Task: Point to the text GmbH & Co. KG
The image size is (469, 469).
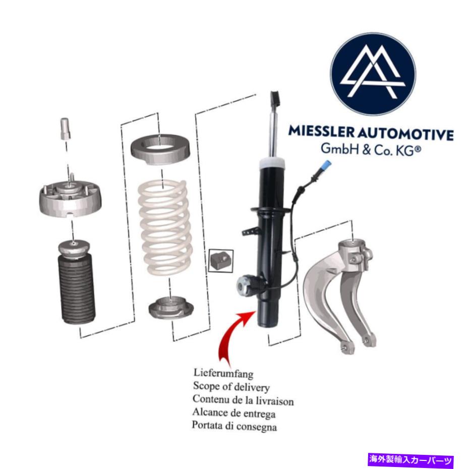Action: pos(371,149)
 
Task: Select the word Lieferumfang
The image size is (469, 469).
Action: pos(223,373)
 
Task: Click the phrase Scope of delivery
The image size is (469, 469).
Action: pos(231,386)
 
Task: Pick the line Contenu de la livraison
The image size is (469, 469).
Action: pos(243,399)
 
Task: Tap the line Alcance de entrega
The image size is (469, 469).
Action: pos(234,413)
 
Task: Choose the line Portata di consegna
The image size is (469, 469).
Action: pos(234,426)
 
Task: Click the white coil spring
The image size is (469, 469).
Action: pos(165,227)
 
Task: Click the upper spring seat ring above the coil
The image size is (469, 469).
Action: pos(160,149)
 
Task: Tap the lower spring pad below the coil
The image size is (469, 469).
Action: pos(171,307)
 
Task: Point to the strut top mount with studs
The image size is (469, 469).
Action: pos(71,199)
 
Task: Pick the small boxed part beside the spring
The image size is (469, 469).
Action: pos(221,261)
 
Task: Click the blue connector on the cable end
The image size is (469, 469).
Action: pos(326,165)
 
